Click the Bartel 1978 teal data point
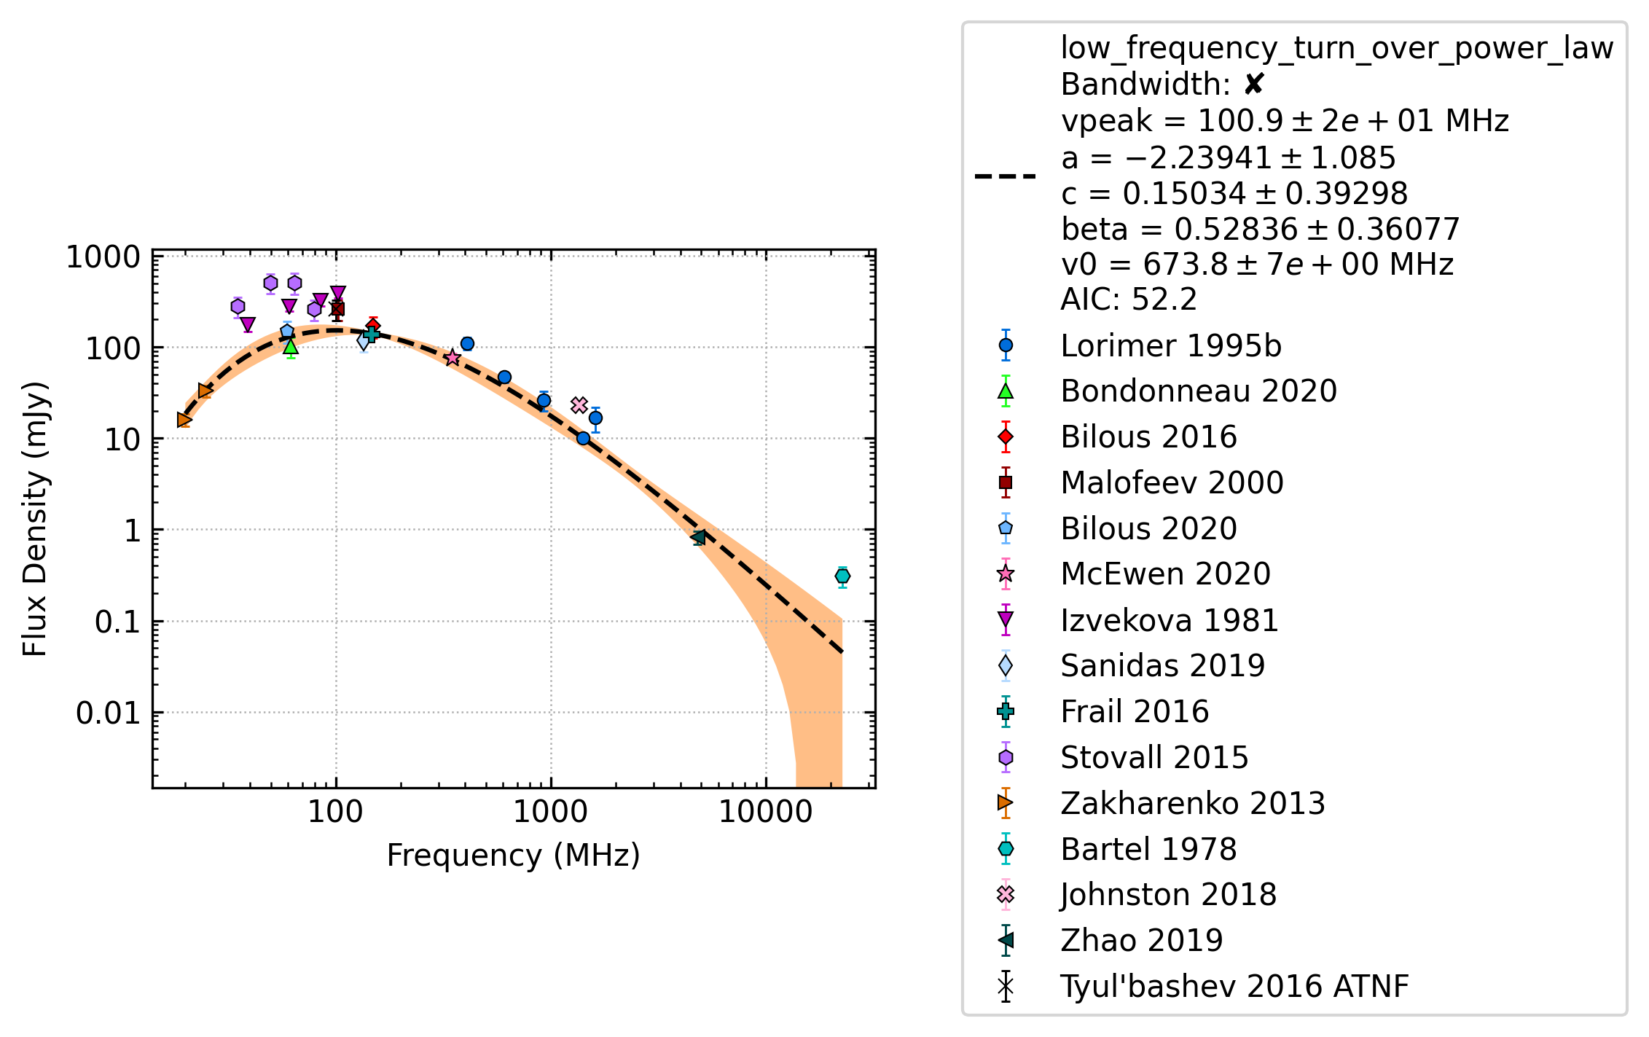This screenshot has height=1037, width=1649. pos(842,576)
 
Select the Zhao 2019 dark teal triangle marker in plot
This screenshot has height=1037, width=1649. pos(699,538)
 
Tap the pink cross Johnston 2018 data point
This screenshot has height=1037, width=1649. pos(579,405)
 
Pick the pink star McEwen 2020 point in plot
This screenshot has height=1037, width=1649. pos(453,357)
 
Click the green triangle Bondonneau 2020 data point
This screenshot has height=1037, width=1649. pos(291,346)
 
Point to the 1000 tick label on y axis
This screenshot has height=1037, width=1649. pos(103,257)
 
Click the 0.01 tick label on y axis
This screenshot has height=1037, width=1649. pos(108,713)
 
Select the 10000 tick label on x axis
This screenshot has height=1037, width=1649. pos(765,812)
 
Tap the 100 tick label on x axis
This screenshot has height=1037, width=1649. pos(335,812)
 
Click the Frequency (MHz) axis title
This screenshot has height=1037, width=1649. pos(513,856)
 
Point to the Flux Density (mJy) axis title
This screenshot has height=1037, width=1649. pos(34,519)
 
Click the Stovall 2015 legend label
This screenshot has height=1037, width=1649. pos(1154,758)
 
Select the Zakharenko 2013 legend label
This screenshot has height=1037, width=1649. pos(1193,804)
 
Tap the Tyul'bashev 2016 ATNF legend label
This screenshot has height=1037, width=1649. pos(1234,987)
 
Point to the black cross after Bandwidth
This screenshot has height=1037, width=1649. pos(1253,85)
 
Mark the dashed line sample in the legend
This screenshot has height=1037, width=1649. pos(1006,176)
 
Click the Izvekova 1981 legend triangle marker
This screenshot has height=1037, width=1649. pos(1006,620)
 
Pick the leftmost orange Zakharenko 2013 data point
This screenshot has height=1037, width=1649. pos(184,420)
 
